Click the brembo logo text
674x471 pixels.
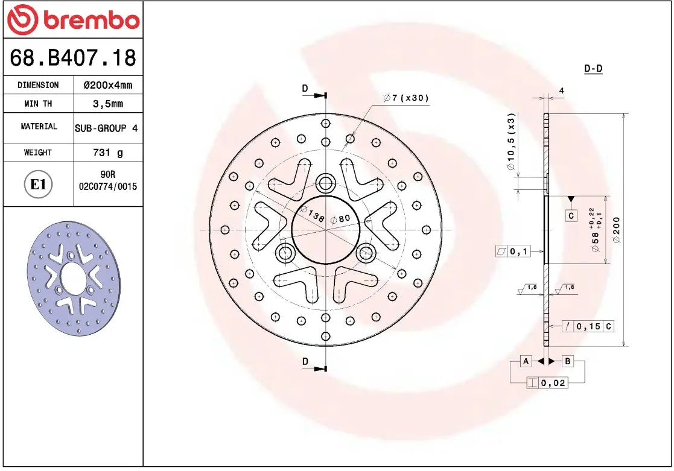91,21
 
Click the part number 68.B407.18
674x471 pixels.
72,58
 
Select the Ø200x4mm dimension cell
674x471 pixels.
107,85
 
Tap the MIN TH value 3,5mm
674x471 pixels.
107,104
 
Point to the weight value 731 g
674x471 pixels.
107,153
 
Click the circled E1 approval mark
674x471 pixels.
38,184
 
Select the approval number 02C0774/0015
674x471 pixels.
108,187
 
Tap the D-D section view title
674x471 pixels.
593,69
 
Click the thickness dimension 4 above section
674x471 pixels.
561,91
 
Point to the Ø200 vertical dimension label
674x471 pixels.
616,229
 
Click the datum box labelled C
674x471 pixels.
571,215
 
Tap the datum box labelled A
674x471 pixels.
526,361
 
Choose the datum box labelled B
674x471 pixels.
568,361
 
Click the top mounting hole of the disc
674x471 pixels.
326,182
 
